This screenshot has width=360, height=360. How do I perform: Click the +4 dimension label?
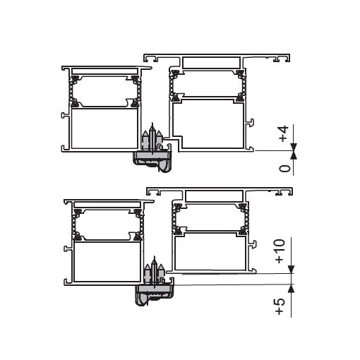pos(284,135)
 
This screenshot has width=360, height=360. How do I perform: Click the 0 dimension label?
pos(284,168)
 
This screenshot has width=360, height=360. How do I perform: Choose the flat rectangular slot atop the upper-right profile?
pos(211,63)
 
